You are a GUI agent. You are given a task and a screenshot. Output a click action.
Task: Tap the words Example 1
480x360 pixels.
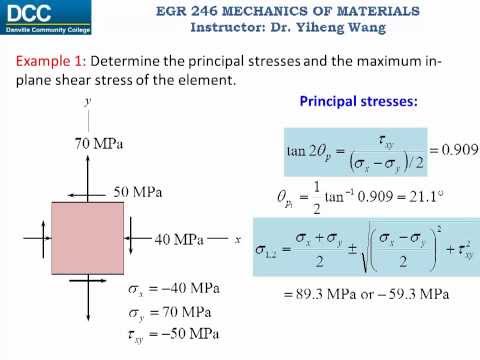click(x=46, y=63)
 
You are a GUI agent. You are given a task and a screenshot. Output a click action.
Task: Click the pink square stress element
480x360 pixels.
click(x=89, y=238)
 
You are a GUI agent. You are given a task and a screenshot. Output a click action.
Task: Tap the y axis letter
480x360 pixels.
click(x=89, y=102)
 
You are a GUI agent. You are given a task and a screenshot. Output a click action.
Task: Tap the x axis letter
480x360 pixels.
click(x=238, y=240)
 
